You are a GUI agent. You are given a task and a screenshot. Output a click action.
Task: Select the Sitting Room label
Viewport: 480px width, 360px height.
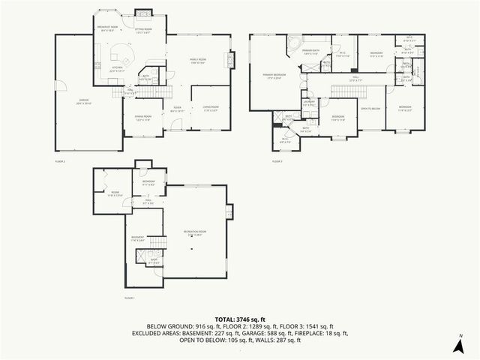(x=143, y=29)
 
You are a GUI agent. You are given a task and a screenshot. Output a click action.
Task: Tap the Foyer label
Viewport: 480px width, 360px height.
(x=178, y=109)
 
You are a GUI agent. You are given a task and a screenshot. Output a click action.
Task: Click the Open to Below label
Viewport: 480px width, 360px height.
(x=370, y=109)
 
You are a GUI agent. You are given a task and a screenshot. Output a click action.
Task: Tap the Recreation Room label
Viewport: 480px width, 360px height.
(x=194, y=232)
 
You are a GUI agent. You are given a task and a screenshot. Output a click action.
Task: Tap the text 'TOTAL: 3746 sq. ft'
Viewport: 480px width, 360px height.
(x=240, y=319)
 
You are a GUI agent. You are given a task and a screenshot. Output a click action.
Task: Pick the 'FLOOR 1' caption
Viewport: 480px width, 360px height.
(x=129, y=298)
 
